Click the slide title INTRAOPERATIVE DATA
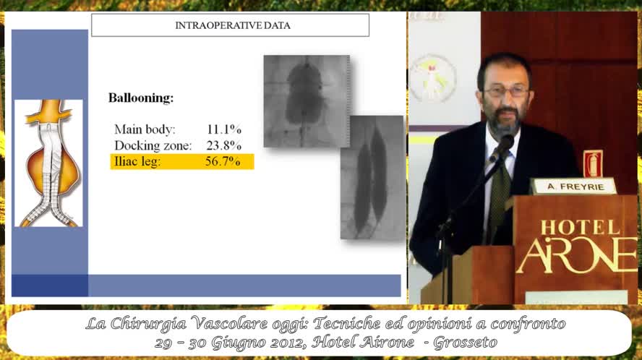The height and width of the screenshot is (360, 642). tap(233, 25)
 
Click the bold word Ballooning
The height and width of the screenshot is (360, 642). tap(141, 98)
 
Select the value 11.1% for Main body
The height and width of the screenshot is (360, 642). tap(224, 129)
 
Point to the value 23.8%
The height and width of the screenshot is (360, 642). tap(224, 145)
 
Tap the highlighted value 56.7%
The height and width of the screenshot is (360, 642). tap(223, 161)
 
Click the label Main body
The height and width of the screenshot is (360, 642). tap(145, 130)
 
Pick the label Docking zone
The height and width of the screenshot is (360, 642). tap(153, 146)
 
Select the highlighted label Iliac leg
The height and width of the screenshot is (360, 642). tap(137, 162)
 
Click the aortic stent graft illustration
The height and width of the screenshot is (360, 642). tap(48, 163)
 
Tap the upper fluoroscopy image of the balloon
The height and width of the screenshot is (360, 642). tap(307, 101)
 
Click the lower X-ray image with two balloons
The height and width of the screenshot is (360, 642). tap(372, 177)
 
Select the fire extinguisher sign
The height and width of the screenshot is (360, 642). tap(593, 164)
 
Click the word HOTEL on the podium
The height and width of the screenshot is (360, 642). tap(581, 228)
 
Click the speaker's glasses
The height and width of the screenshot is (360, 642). tap(507, 92)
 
